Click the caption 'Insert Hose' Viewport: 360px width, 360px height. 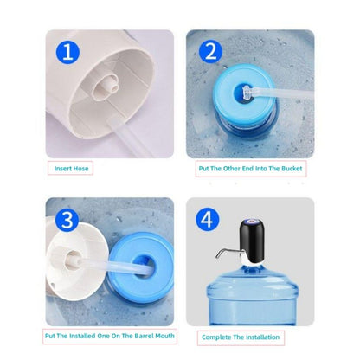(72, 169)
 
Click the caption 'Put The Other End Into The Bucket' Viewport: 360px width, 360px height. (250, 169)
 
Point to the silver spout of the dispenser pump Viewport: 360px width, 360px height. (227, 254)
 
